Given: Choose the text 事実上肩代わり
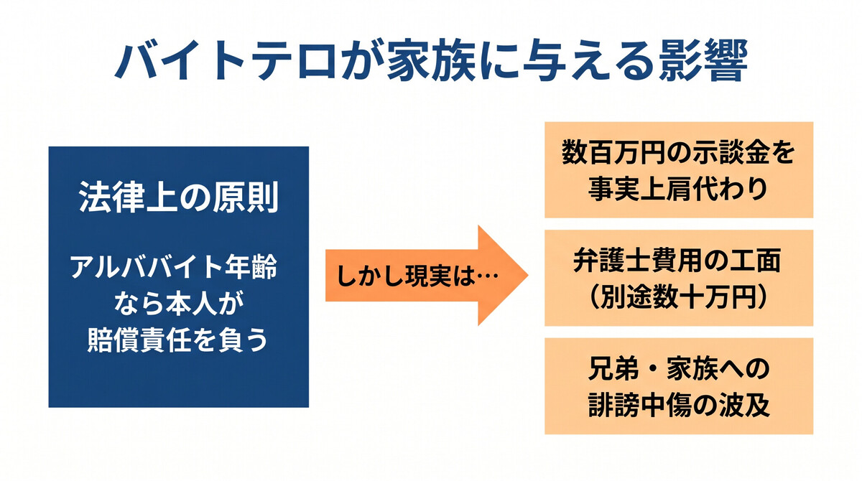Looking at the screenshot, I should (x=679, y=188).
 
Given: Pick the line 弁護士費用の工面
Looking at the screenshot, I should (x=679, y=261).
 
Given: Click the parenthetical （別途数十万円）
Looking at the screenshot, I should (x=679, y=296).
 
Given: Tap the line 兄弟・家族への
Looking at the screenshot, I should (x=679, y=370).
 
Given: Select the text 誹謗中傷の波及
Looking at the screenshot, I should (x=679, y=405).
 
